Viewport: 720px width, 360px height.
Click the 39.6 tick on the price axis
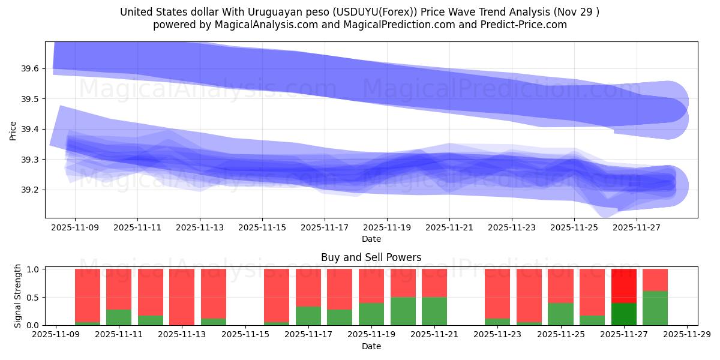[30, 69]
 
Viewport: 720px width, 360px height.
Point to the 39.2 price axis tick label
[30, 190]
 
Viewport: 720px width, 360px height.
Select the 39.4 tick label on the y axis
[30, 130]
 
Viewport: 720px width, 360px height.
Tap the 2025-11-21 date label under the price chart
[449, 228]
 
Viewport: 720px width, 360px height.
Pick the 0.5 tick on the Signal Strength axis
[34, 298]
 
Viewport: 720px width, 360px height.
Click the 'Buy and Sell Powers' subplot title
[371, 257]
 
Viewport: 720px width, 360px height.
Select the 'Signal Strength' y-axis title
[18, 296]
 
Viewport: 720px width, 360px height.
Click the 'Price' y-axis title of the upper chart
[13, 130]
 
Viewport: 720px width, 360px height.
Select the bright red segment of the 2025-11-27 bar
[623, 286]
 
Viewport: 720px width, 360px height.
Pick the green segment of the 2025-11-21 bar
[434, 311]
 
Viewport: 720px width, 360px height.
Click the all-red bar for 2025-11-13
[182, 297]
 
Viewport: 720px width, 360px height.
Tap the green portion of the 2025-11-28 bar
[655, 308]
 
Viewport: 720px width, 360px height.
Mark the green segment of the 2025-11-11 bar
[119, 317]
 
